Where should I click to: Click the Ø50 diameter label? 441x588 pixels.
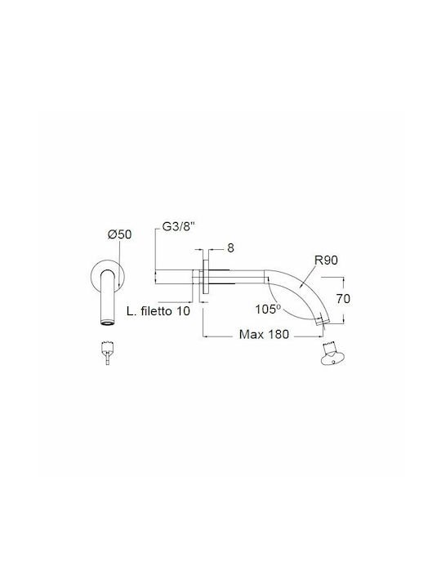click(119, 234)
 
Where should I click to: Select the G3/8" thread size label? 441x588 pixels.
click(179, 227)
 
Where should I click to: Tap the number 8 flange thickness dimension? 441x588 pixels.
click(230, 247)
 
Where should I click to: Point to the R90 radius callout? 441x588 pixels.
click(326, 260)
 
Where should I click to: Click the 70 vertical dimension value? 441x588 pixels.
click(343, 299)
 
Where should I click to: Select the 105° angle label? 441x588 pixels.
click(268, 309)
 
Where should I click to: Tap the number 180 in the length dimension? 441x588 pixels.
click(277, 334)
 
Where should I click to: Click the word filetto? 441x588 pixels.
click(156, 311)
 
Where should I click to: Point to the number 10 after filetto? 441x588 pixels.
click(183, 311)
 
